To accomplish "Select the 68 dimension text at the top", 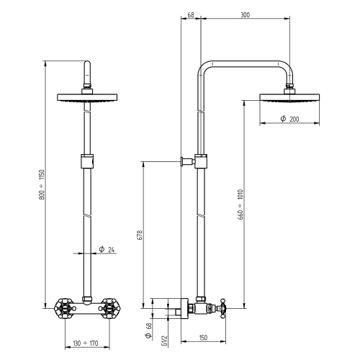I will [x=189, y=14].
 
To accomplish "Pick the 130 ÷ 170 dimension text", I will [x=89, y=343].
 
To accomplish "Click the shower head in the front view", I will [x=89, y=99].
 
